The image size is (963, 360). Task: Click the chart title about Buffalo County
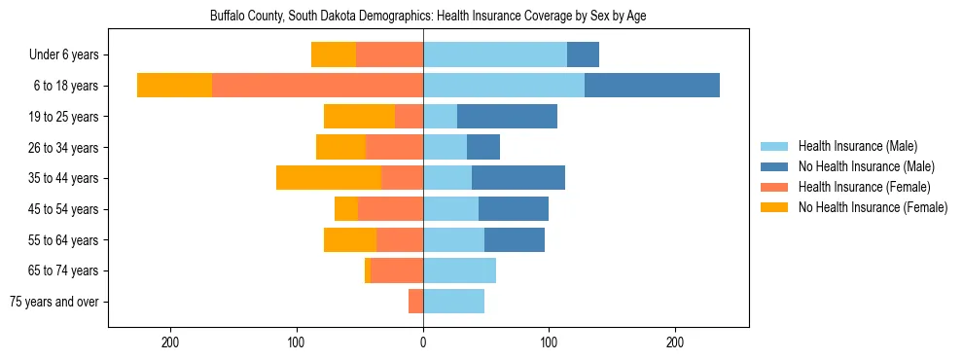point(428,17)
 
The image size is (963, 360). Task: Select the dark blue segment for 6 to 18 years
point(652,86)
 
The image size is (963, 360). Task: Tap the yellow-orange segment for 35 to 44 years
point(328,178)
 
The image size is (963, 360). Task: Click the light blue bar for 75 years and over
point(453,302)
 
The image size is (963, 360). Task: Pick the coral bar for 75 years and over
point(415,302)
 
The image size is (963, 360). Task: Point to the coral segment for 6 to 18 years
point(317,86)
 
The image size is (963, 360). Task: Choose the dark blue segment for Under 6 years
point(583,54)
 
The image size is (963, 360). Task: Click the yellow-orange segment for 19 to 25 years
point(359,117)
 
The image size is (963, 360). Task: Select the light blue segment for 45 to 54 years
point(450,209)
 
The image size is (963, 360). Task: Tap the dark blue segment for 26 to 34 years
point(483,147)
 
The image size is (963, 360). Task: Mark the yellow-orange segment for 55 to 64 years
point(350,239)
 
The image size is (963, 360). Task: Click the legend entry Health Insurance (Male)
point(857,146)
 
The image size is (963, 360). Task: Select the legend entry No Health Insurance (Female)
point(873,207)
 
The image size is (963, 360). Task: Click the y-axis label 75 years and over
point(53,302)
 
